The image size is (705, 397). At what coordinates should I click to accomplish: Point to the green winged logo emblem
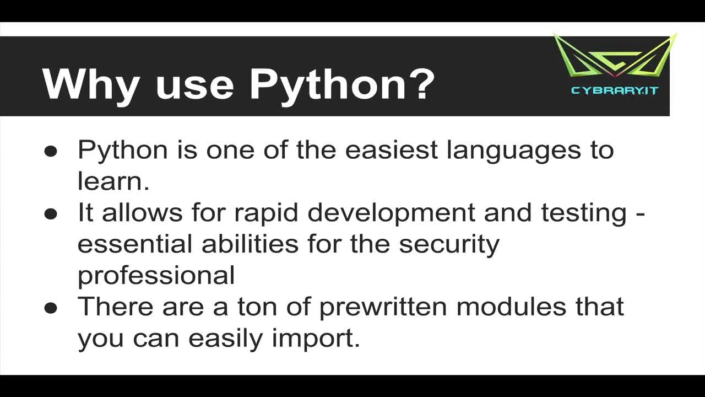click(x=615, y=56)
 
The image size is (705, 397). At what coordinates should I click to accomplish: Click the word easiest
click(x=391, y=150)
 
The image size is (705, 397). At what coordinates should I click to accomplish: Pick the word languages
click(x=514, y=152)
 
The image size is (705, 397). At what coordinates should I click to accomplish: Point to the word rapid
click(x=266, y=215)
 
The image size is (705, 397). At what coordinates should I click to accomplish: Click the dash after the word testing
click(x=641, y=214)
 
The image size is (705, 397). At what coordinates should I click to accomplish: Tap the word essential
click(x=135, y=244)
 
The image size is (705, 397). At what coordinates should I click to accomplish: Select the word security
click(x=449, y=246)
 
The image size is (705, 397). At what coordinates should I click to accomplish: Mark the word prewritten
click(x=383, y=308)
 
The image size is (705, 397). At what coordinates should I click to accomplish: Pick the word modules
click(x=511, y=306)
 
